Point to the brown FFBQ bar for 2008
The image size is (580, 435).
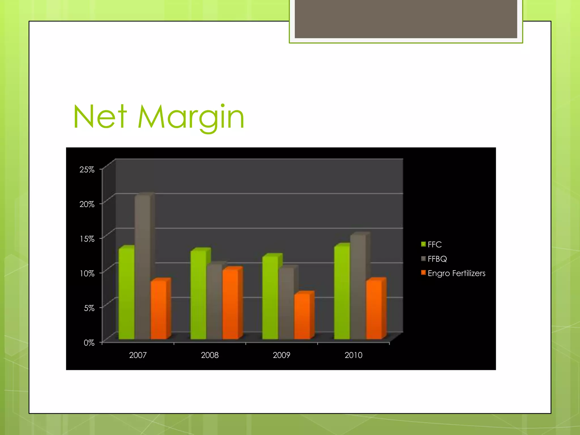[x=214, y=302]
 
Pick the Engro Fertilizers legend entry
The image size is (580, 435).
[x=453, y=273]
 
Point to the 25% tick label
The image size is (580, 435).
[x=87, y=170]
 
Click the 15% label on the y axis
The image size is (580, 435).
[x=87, y=239]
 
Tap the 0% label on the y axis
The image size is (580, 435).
[x=89, y=343]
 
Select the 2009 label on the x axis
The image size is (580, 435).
[x=282, y=355]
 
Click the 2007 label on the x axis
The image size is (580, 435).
[x=138, y=355]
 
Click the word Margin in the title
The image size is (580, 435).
[x=191, y=118]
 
